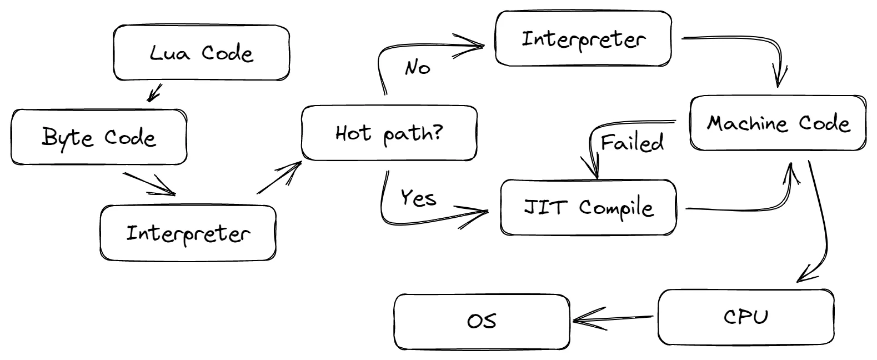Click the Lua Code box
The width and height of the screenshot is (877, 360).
pos(201,53)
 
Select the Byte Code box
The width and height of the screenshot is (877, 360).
pos(99,137)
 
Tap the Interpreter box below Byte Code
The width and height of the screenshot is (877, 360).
pos(188,233)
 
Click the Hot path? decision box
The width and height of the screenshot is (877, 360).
pos(389,133)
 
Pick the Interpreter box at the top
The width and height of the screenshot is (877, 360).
pos(583,39)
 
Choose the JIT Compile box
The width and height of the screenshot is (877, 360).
pos(588,208)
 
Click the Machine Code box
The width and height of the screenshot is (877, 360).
pos(778,123)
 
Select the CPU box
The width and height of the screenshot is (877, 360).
pos(746,317)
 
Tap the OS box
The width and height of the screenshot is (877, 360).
pos(482,322)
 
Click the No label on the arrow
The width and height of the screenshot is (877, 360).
pos(418,68)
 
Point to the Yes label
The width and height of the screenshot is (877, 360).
pos(418,197)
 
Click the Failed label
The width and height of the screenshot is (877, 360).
pos(632,143)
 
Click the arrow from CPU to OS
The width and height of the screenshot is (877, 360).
pos(611,319)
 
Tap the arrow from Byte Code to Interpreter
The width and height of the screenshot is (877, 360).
pos(149,184)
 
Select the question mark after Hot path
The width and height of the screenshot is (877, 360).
pos(437,132)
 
